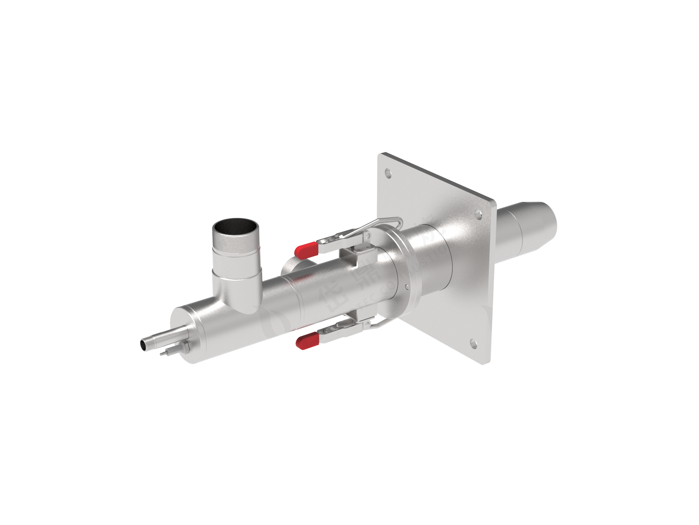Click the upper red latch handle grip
(305, 249)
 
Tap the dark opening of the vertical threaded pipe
(235, 228)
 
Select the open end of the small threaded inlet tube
(143, 343)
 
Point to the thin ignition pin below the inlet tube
(164, 353)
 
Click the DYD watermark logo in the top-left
(58, 153)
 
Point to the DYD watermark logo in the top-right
(517, 153)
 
